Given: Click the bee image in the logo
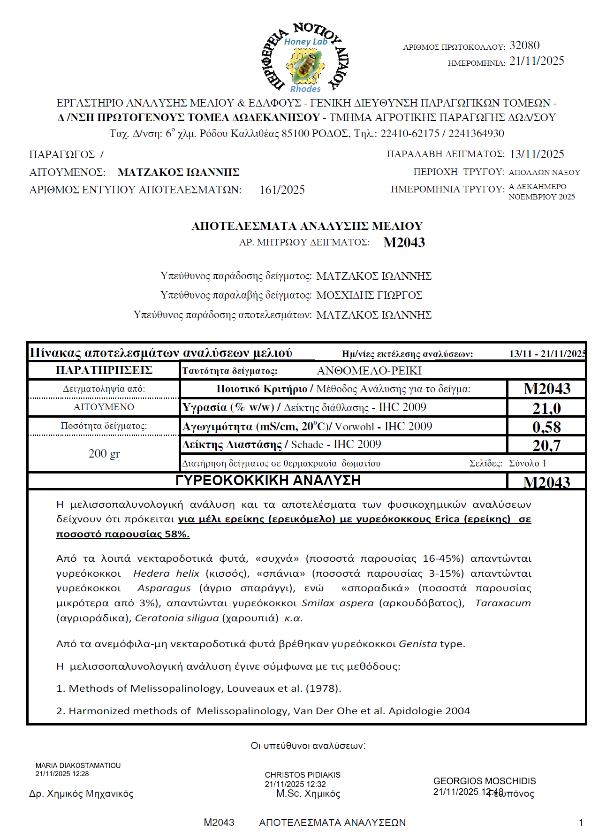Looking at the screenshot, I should point(305,66).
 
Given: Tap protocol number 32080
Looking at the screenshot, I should point(524,46).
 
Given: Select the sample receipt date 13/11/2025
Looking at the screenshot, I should point(537,154).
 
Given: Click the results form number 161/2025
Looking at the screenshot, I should point(282,190).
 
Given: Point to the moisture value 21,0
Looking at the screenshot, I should point(546,408).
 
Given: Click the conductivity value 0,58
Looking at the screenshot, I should point(546,427).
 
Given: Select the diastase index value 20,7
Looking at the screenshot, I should point(546,445).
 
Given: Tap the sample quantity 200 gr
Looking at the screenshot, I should point(104,454).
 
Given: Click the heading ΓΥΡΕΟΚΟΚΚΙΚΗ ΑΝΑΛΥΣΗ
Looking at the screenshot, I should point(268,481).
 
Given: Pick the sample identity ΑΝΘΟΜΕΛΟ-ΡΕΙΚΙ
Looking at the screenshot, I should point(369,371).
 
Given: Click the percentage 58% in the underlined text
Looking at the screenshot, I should point(177,534).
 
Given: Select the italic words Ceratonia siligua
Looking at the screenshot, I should point(177,618).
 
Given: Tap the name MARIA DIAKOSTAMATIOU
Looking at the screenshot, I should point(78,765).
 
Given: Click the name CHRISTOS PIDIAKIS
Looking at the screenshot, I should point(303,775).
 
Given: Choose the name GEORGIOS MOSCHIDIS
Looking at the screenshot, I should point(485,781).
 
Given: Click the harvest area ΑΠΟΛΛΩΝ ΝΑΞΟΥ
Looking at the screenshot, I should point(544,173).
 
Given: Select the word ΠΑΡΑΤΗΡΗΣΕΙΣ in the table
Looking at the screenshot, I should point(104,370).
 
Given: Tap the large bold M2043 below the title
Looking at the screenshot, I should point(404,243).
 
